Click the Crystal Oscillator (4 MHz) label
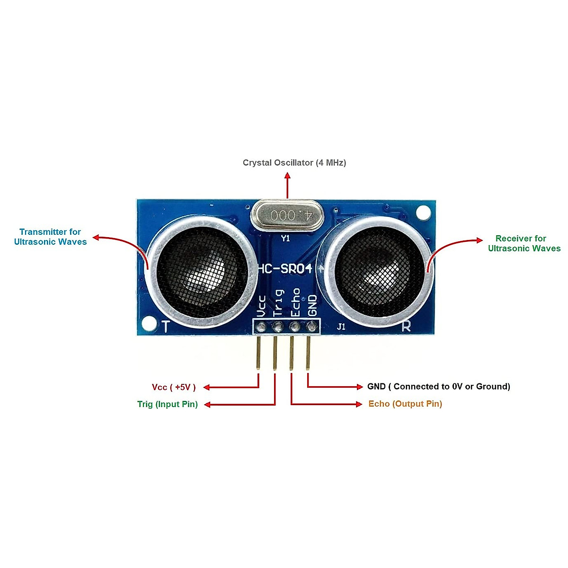pyautogui.click(x=294, y=163)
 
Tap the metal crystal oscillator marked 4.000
pyautogui.click(x=287, y=215)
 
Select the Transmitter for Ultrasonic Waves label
pyautogui.click(x=50, y=237)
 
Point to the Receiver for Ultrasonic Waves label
pyautogui.click(x=524, y=243)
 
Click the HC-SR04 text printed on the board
pyautogui.click(x=285, y=268)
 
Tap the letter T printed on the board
pyautogui.click(x=166, y=326)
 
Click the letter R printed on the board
pyautogui.click(x=406, y=326)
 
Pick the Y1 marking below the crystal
pyautogui.click(x=285, y=238)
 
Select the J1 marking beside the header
pyautogui.click(x=341, y=327)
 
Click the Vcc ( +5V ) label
pyautogui.click(x=174, y=387)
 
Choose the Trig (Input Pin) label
pyautogui.click(x=168, y=404)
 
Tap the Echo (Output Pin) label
pyautogui.click(x=405, y=404)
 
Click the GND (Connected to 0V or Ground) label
pyautogui.click(x=439, y=386)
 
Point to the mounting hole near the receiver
pyautogui.click(x=423, y=212)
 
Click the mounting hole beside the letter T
pyautogui.click(x=149, y=323)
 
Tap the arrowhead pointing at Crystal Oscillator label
pyautogui.click(x=287, y=176)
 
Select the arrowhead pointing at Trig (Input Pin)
pyautogui.click(x=207, y=405)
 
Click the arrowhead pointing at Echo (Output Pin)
pyautogui.click(x=359, y=404)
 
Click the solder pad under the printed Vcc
pyautogui.click(x=261, y=327)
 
